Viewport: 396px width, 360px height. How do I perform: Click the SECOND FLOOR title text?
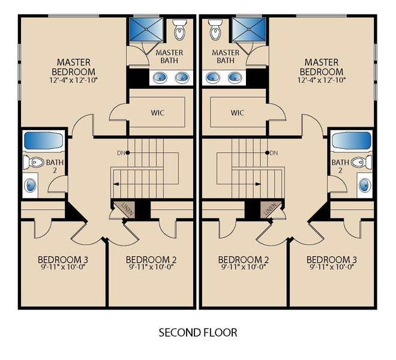(198, 332)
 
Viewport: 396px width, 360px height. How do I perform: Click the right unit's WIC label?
(237, 112)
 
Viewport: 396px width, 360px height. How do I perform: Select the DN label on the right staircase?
(274, 153)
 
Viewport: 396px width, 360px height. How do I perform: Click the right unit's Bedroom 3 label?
(332, 260)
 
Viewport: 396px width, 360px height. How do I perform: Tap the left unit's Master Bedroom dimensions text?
(73, 80)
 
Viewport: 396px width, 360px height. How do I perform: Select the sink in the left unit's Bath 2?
(31, 184)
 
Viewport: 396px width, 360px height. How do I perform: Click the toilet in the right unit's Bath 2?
(359, 161)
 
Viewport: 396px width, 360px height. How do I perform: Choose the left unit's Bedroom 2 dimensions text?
(151, 268)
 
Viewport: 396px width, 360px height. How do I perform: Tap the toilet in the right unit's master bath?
(216, 29)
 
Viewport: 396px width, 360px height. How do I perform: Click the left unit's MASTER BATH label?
(169, 56)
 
